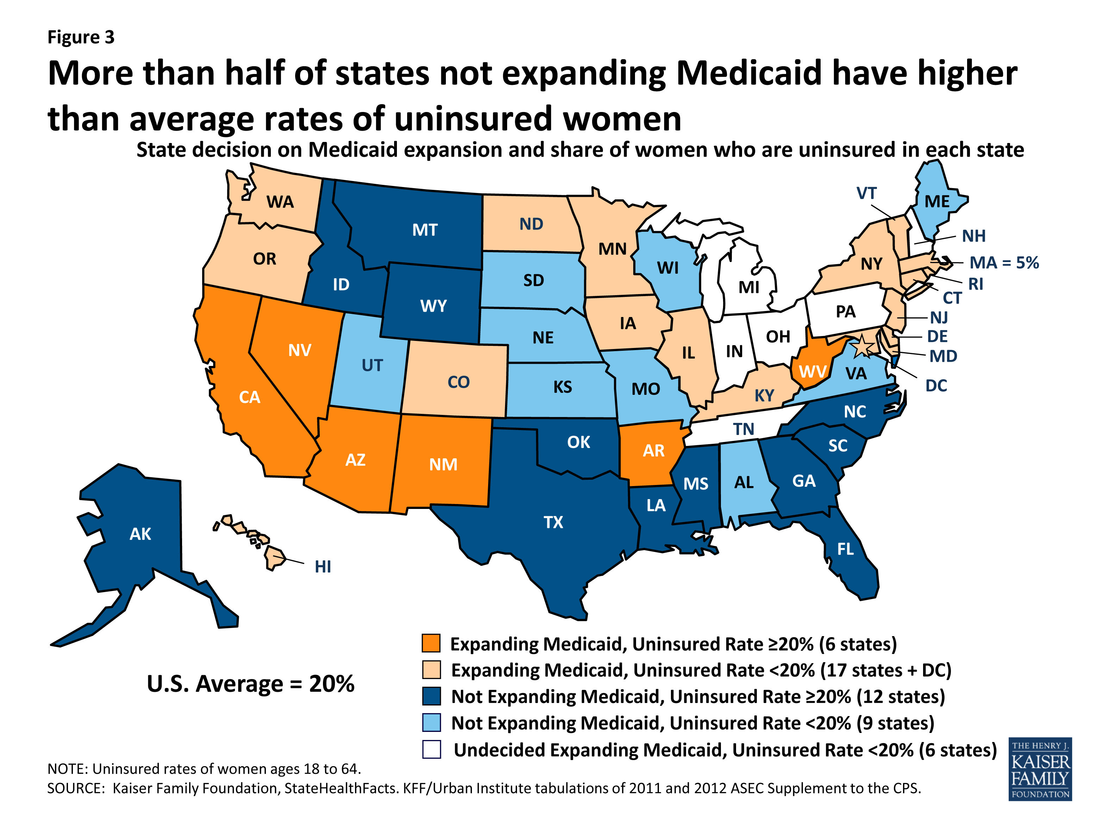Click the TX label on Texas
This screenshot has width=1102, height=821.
point(553,522)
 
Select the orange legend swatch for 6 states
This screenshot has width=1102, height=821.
point(431,643)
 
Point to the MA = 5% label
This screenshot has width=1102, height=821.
point(1004,262)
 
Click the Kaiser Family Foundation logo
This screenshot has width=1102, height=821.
point(1040,768)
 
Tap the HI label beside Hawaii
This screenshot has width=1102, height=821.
point(323,567)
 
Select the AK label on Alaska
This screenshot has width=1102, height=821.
point(140,534)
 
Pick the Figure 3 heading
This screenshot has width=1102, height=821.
point(81,37)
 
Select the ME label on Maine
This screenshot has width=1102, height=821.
point(937,202)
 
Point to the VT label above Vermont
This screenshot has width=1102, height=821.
point(866,193)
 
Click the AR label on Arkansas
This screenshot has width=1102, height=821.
point(653,451)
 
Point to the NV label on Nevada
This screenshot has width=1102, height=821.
point(300,350)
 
